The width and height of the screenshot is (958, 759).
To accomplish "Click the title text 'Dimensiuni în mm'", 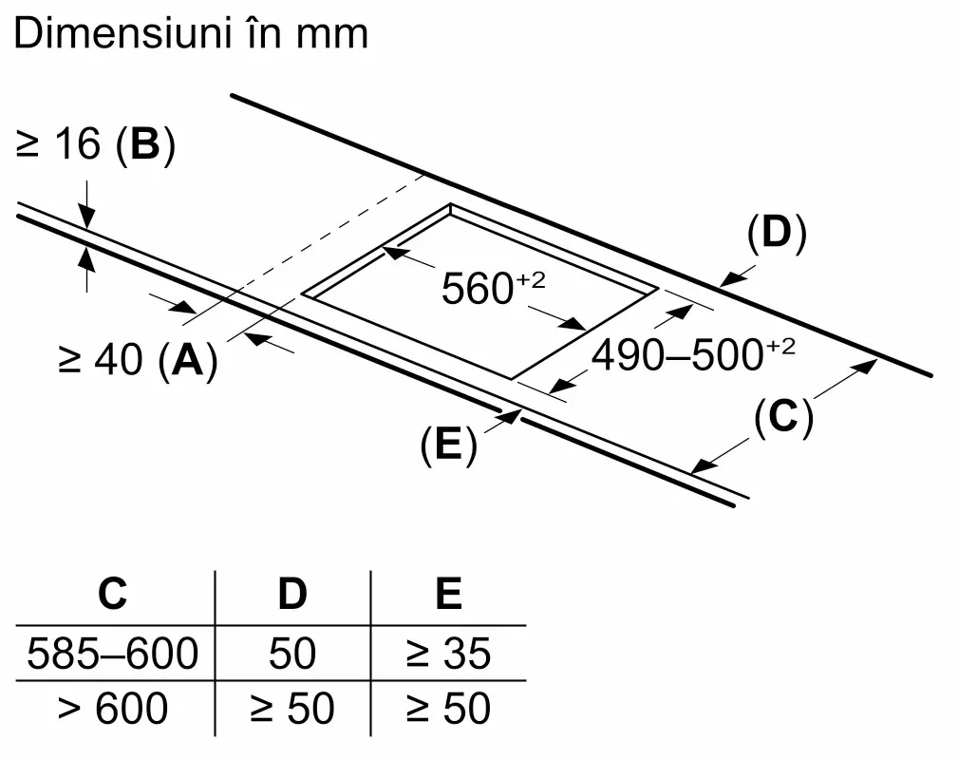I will tap(191, 34).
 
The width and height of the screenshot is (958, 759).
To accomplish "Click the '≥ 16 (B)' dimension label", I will tap(96, 146).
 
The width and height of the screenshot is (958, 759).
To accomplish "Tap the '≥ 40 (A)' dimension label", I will tap(138, 361).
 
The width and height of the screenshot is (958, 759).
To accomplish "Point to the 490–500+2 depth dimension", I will tap(693, 356).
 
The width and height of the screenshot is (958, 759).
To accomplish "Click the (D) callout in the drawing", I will tap(776, 234).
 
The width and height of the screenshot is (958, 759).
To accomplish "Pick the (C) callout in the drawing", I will tap(783, 418).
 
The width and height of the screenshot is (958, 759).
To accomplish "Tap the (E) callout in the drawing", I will tap(448, 446).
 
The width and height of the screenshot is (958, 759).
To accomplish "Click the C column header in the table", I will tap(112, 594).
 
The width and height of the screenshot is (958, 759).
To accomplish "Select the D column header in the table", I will tap(292, 594).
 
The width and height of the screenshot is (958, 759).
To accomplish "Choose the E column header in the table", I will tap(448, 594).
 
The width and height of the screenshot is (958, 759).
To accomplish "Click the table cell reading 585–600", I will tap(113, 654).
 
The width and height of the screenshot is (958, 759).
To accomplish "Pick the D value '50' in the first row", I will tap(292, 654).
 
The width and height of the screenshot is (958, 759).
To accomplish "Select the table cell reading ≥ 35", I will tap(448, 654).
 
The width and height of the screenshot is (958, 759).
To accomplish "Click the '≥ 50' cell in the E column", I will tap(448, 709).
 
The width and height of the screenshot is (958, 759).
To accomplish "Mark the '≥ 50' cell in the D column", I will tap(292, 709).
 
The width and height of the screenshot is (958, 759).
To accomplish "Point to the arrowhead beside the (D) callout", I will tap(728, 279).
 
